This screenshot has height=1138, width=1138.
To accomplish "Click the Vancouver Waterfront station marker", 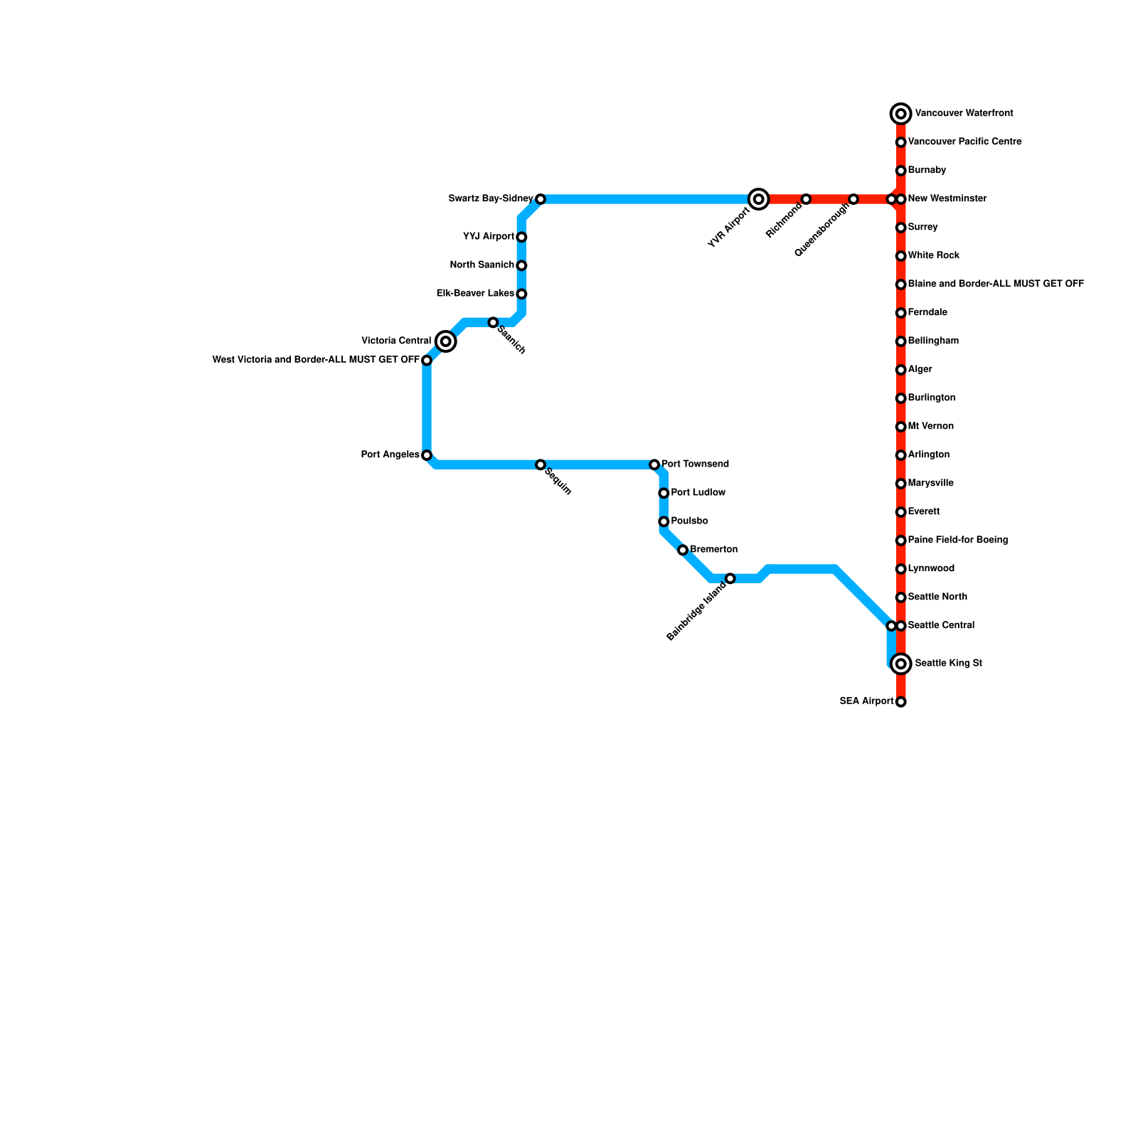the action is (901, 114).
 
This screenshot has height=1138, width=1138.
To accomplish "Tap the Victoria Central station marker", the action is (446, 341).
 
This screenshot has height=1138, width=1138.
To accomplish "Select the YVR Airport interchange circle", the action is (759, 199).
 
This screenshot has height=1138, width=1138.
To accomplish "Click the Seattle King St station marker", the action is (901, 664).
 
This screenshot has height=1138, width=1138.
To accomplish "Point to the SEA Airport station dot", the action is (901, 702).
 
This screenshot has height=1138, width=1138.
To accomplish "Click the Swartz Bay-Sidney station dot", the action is (541, 199).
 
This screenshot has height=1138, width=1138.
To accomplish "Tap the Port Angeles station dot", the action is (427, 455).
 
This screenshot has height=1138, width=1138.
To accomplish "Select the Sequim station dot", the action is (541, 464).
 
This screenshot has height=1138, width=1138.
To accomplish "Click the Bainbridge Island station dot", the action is (730, 578).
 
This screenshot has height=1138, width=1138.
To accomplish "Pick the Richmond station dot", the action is (806, 199).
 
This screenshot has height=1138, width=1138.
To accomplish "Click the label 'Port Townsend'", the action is (695, 464).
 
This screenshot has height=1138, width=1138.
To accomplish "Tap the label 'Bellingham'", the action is (933, 341).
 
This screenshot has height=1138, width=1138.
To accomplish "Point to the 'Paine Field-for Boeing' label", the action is (958, 541).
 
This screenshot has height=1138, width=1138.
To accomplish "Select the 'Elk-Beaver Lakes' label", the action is (475, 294).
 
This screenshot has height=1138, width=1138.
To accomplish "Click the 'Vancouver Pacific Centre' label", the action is (964, 142).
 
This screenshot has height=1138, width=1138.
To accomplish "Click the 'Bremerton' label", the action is (713, 550).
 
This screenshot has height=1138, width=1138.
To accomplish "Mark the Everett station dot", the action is (901, 512).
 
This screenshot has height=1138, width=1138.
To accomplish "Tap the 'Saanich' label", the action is (511, 340).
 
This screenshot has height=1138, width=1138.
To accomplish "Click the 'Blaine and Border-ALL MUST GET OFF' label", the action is (996, 284).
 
